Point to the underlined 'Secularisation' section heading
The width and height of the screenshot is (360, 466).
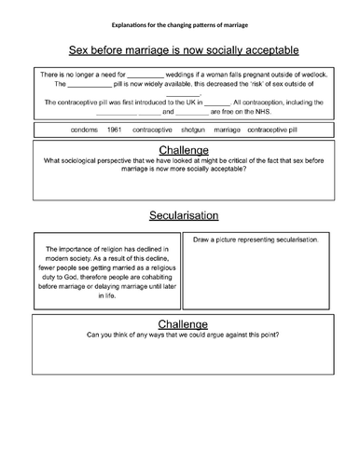coord(179,215)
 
